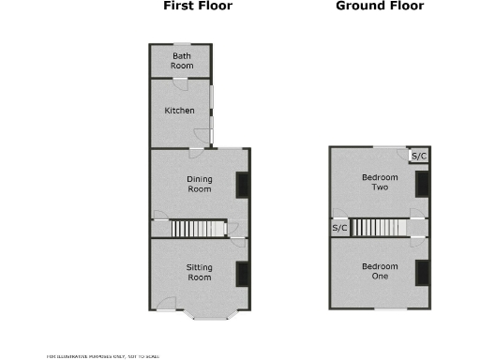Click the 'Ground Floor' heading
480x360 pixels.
pos(380,7)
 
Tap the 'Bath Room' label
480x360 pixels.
pos(182,61)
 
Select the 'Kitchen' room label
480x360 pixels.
pos(180,112)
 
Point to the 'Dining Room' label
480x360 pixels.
pos(199,184)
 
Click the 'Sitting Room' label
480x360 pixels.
pos(199,272)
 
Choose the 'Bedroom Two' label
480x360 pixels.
pos(380,182)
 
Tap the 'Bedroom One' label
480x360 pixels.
pos(380,272)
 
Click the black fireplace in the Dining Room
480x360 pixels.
pos(242,185)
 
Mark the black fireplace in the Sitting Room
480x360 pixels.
pos(242,273)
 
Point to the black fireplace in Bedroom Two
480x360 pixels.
pos(422,184)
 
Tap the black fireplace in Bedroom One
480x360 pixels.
pos(422,273)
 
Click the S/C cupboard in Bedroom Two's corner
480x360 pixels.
pos(420,156)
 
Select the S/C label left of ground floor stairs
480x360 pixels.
pos(339,228)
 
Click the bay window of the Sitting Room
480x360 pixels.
pos(213,315)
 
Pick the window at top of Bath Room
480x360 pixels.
pos(181,44)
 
